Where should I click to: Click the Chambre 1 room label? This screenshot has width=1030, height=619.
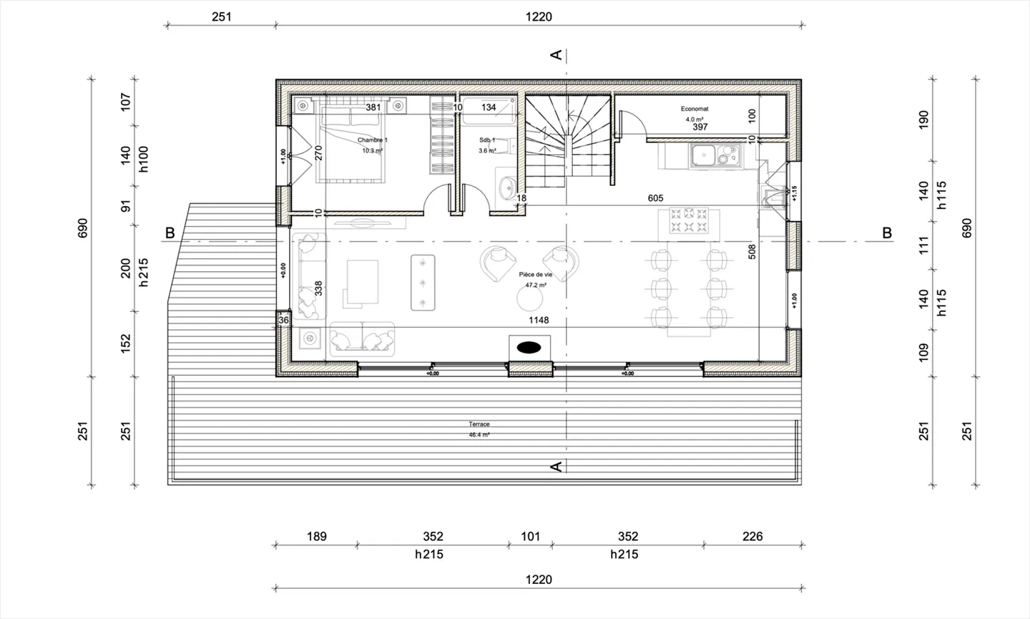[372, 140]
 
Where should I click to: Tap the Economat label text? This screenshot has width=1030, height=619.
[694, 109]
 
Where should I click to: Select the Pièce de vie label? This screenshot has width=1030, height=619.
[535, 275]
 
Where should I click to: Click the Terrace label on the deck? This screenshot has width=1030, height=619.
[479, 424]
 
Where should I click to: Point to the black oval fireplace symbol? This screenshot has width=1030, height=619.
[529, 348]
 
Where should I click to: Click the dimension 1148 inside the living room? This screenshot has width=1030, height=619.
[539, 320]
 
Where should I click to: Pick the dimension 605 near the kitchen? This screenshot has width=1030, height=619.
[655, 198]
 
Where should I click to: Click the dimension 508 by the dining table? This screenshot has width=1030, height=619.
[752, 252]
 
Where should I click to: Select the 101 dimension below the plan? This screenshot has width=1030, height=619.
[530, 536]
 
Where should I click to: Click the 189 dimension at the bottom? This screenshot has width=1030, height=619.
[316, 536]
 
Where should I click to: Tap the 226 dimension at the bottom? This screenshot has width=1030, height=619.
[752, 536]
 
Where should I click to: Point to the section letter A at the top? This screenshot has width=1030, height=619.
[555, 54]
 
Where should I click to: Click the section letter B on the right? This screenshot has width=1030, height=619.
[887, 233]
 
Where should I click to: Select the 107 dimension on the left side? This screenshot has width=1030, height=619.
[126, 101]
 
